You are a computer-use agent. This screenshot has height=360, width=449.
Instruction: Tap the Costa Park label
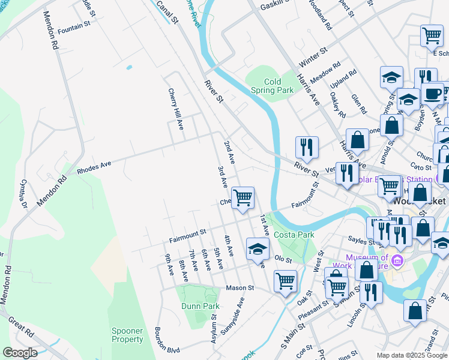click(294, 235)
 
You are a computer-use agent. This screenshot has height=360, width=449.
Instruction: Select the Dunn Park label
click(200, 306)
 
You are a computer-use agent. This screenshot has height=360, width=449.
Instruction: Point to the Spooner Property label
click(127, 335)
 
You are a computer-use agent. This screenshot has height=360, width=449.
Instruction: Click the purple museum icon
click(396, 262)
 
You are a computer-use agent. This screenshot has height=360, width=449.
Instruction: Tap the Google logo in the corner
click(20, 353)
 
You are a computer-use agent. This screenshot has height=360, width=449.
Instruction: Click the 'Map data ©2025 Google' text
click(411, 355)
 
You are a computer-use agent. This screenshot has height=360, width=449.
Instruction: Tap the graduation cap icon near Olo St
click(258, 248)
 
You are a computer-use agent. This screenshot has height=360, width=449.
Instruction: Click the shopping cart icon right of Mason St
click(285, 280)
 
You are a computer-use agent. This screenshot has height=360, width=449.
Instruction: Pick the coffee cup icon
click(432, 93)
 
